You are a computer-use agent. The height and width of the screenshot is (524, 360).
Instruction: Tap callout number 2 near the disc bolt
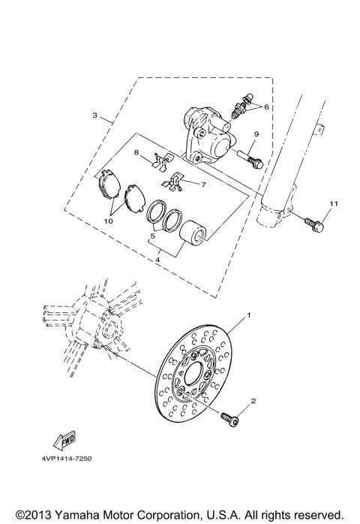pos(253,402)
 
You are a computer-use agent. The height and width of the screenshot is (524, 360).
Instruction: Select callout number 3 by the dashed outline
pos(95,116)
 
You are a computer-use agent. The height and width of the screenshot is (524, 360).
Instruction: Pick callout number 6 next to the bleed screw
pos(265,107)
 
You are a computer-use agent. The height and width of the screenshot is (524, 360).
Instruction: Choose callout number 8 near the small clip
pos(137,152)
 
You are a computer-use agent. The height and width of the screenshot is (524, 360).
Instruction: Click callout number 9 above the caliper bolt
pos(256,134)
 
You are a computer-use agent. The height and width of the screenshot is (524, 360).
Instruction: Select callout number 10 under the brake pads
pos(109,222)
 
